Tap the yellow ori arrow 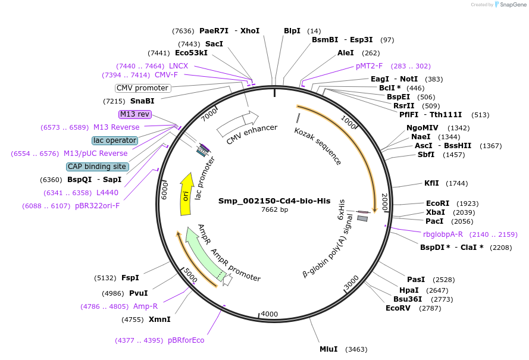pyautogui.click(x=186, y=195)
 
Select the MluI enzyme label pyautogui.click(x=328, y=349)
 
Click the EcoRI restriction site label pyautogui.click(x=437, y=203)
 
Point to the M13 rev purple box pyautogui.click(x=135, y=114)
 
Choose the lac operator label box pyautogui.click(x=115, y=140)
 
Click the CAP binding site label pyautogui.click(x=105, y=167)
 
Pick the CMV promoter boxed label pyautogui.click(x=142, y=88)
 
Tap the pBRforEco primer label pyautogui.click(x=186, y=340)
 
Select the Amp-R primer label pyautogui.click(x=145, y=306)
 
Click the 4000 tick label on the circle pyautogui.click(x=270, y=314)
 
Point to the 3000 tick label pyautogui.click(x=351, y=280)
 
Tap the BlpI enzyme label pyautogui.click(x=292, y=30)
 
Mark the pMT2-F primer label pyautogui.click(x=370, y=66)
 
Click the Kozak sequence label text pyautogui.click(x=318, y=146)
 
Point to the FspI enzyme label pyautogui.click(x=130, y=278)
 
